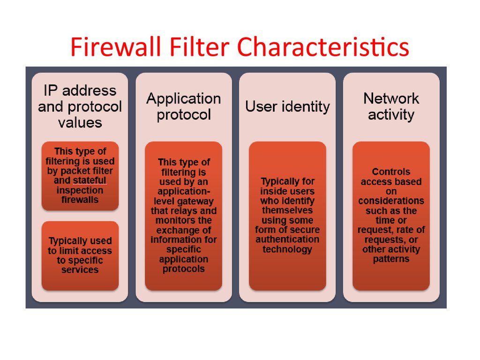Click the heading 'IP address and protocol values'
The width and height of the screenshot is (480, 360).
(x=80, y=106)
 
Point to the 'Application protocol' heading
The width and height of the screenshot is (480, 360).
(x=183, y=106)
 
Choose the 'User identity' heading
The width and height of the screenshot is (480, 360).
(x=287, y=106)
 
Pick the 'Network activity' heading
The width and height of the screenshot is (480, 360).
(x=391, y=106)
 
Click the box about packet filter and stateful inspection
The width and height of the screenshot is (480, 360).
(x=80, y=175)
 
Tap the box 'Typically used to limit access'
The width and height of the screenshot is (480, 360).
(x=80, y=255)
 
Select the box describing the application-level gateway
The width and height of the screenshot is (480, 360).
(x=183, y=216)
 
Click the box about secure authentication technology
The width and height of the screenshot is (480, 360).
(x=287, y=216)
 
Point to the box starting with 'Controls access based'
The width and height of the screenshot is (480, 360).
(x=391, y=216)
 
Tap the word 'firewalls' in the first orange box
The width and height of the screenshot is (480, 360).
(x=80, y=200)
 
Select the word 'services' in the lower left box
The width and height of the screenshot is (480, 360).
(x=80, y=270)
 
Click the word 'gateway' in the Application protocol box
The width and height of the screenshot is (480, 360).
(x=199, y=201)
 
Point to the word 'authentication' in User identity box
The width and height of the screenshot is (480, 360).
(x=287, y=240)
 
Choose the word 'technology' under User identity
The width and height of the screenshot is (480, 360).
(x=287, y=249)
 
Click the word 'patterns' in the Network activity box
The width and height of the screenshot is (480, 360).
(x=391, y=259)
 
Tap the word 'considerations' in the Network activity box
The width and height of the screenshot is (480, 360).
(x=391, y=201)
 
